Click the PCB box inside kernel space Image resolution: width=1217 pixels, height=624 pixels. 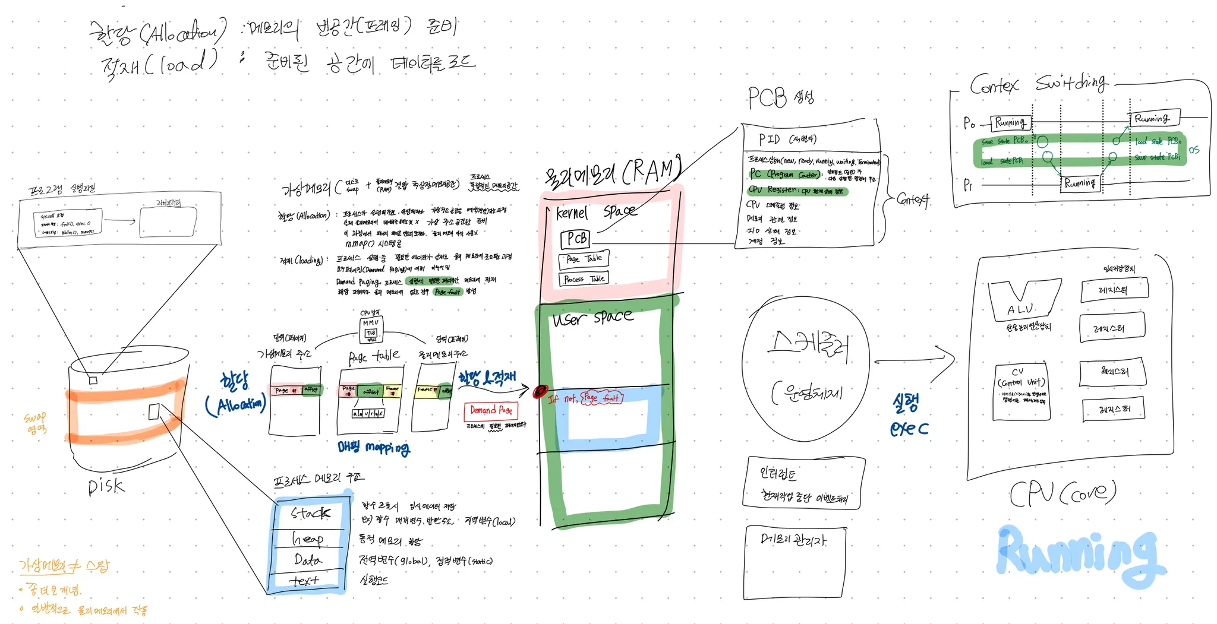point(575,239)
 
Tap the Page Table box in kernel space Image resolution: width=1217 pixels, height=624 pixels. point(584,259)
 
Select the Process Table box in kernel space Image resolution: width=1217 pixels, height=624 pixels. point(584,279)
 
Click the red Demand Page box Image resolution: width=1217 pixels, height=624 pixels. point(491,410)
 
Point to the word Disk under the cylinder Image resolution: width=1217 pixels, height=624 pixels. point(106,487)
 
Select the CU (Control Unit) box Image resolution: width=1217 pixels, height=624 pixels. point(1021,391)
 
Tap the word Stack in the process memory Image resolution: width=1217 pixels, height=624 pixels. point(310,513)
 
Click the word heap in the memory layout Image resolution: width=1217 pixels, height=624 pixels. point(308,539)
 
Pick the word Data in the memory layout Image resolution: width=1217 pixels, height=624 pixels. point(307,560)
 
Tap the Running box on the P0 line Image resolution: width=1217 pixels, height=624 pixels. point(1010,123)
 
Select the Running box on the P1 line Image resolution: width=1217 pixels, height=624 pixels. point(1080,183)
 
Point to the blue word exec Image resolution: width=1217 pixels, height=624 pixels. point(909,429)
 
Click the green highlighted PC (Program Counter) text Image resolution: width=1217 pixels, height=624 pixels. point(784,175)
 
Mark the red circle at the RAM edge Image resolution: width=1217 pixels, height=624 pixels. point(540,392)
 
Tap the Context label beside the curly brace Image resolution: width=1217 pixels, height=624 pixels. point(913,199)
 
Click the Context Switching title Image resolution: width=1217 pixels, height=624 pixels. point(1038,84)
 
